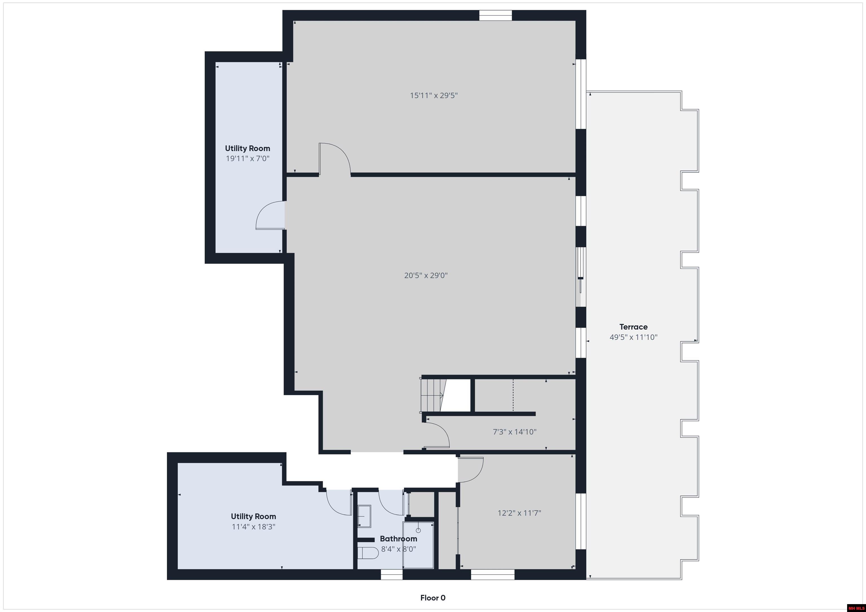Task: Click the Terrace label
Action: [x=633, y=327]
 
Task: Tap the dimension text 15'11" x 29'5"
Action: [x=434, y=95]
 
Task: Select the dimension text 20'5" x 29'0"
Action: [x=426, y=275]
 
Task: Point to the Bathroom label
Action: [x=398, y=539]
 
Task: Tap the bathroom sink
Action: [x=364, y=516]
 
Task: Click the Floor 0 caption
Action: [x=433, y=598]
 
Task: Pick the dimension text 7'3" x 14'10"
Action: [x=514, y=432]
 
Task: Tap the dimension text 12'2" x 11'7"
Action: [x=519, y=513]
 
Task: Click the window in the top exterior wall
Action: [x=495, y=15]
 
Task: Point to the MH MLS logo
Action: [x=856, y=608]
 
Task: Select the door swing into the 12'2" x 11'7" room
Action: [x=471, y=469]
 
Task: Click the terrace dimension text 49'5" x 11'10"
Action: [x=633, y=337]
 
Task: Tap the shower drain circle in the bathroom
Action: [x=418, y=530]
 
